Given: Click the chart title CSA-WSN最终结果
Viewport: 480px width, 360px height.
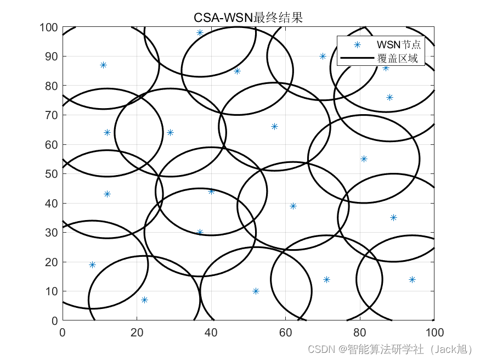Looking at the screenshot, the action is point(248,18).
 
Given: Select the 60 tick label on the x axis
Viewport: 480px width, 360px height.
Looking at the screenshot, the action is point(286,332).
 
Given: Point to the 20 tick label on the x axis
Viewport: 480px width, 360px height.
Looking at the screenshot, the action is point(137,332).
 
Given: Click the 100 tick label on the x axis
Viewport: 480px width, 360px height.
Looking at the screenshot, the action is point(434,332).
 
